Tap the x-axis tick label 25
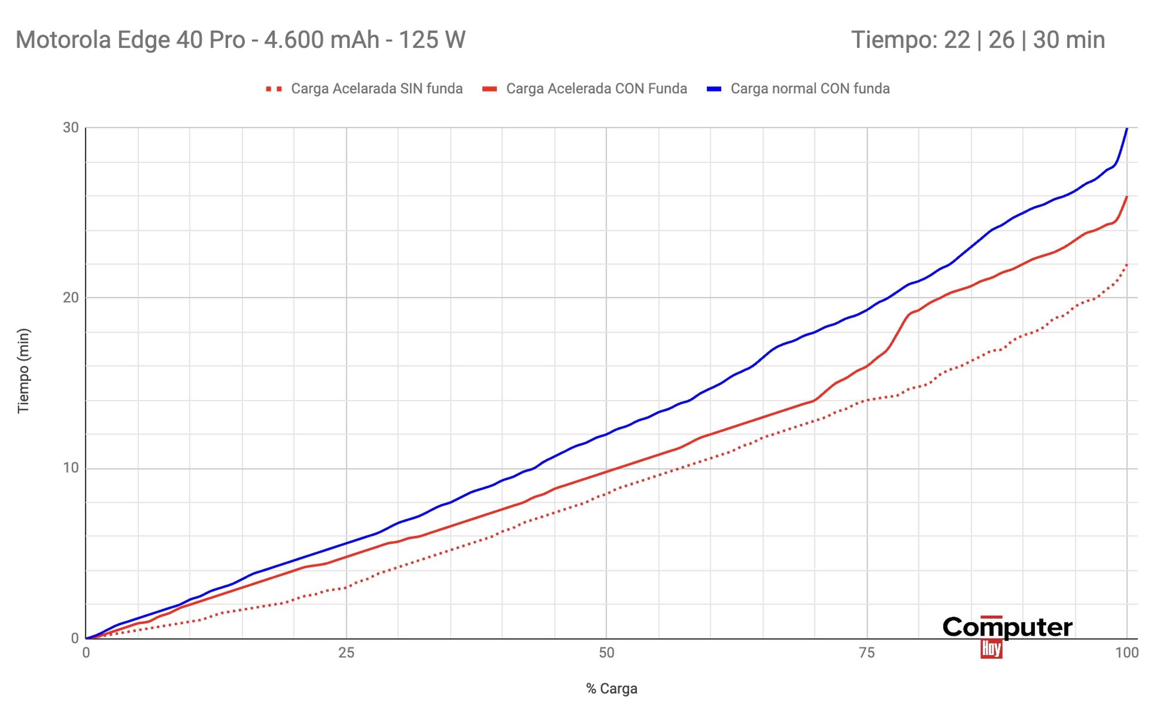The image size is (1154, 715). [x=347, y=653]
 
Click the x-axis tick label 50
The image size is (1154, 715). [x=606, y=653]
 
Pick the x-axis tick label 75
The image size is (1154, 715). [x=867, y=653]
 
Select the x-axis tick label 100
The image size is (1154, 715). [x=1127, y=653]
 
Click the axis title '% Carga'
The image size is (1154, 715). [x=612, y=689]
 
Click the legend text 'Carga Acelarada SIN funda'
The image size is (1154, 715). [x=377, y=89]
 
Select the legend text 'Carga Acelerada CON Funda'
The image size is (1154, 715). [x=596, y=89]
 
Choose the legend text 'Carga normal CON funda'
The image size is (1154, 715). [x=810, y=89]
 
